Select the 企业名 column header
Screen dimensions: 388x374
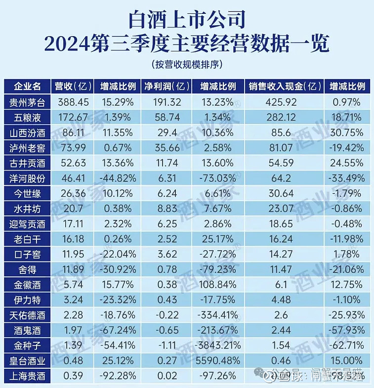click(x=28, y=86)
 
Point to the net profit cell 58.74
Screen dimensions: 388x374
click(x=162, y=118)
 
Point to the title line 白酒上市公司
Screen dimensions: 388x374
click(x=186, y=20)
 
